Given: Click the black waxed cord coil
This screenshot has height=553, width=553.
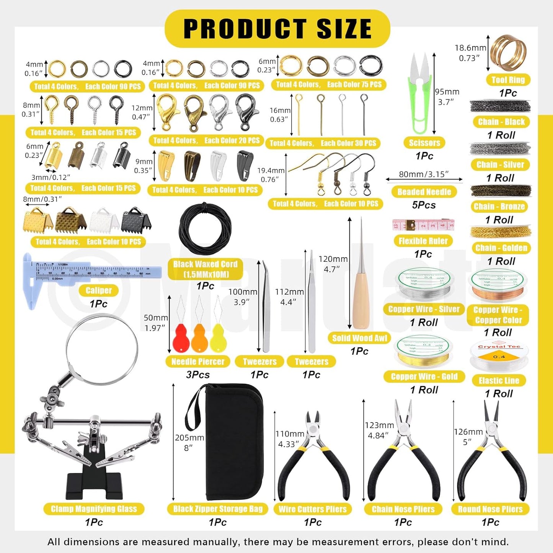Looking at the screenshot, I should click(x=205, y=229).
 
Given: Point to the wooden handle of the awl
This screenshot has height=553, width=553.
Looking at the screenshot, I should click(x=361, y=302).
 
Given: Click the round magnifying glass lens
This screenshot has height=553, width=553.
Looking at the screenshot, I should click(x=102, y=349).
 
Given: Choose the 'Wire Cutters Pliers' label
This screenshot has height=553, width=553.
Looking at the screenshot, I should click(x=312, y=509).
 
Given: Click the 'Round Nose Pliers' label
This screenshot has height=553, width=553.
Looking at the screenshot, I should click(x=490, y=509).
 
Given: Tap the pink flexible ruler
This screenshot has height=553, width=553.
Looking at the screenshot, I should click(x=423, y=225).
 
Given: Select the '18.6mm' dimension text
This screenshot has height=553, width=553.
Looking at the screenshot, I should click(x=470, y=48).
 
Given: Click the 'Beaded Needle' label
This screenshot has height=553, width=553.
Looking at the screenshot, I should click(x=424, y=192).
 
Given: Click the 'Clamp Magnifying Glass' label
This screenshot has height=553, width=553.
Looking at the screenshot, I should click(x=94, y=509).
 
